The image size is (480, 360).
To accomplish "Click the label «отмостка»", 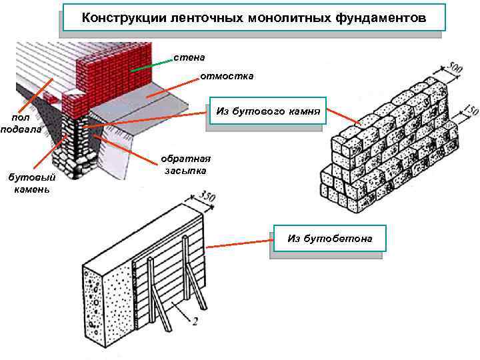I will point(227,76).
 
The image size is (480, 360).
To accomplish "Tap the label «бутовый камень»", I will point(32,183).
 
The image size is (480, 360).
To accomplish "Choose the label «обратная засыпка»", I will point(185,165).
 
